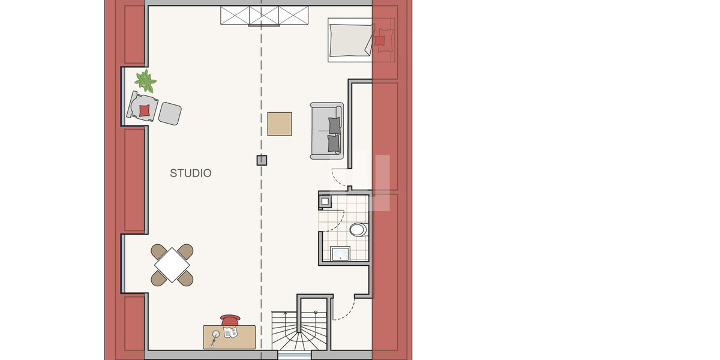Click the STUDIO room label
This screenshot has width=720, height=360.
pos(191,173)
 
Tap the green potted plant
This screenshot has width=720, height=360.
pos(146,81)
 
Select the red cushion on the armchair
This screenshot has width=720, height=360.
pos(145,110)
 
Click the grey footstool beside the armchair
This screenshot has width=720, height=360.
pos(170,113)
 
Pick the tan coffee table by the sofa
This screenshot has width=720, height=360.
pos(280,124)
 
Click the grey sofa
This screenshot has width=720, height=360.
pos(326,131)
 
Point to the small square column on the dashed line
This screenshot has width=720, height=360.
pos(262,160)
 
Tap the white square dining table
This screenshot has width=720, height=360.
pos(172,265)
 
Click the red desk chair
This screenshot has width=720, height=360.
pos(230,320)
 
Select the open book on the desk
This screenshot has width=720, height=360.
pos(230,332)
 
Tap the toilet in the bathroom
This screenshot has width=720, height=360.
pos(359,229)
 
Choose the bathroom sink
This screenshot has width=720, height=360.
pos(340,254)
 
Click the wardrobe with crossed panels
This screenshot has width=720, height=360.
pos(264,16)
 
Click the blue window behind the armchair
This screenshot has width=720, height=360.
pos(123,97)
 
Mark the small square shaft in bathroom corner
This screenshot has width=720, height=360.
pos(325,202)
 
